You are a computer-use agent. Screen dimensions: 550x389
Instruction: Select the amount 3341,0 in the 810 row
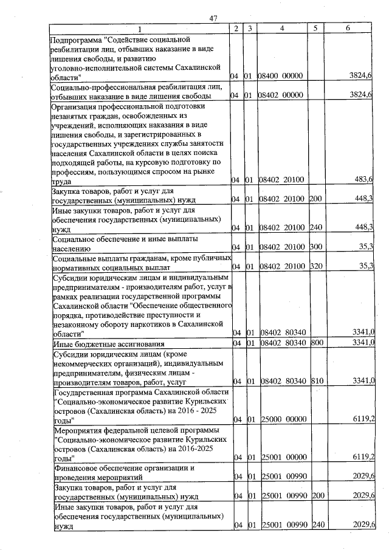(363, 381)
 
